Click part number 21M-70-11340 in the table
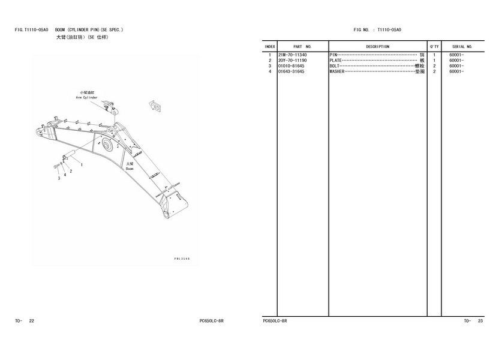pos(293,55)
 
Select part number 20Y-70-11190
pos(293,61)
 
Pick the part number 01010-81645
pos(291,66)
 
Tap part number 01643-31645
pos(291,71)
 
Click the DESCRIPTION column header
pos(377,46)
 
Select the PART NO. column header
pos(302,46)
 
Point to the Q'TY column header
pos(434,46)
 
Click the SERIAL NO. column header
pos(462,46)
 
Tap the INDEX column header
pos(270,46)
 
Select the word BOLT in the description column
pos(334,66)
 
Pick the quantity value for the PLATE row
pos(434,61)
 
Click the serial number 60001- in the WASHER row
pos(456,71)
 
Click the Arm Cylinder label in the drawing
pos(86,97)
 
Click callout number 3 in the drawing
pos(59,178)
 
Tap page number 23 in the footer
pos(480,322)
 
